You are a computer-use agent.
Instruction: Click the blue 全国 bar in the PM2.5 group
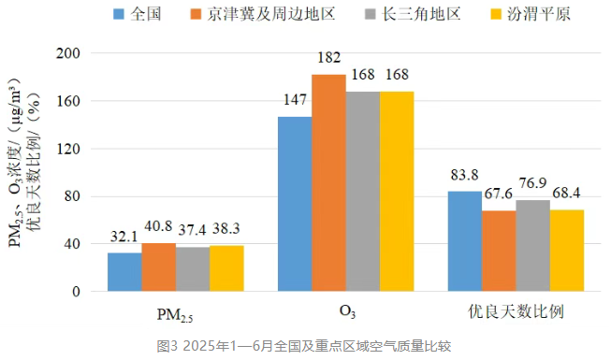(124, 272)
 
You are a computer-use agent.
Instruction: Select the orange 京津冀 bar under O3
(328, 182)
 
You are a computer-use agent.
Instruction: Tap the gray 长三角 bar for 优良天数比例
(533, 246)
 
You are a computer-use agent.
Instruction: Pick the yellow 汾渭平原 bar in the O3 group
(397, 192)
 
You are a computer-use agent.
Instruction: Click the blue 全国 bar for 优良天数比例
(465, 241)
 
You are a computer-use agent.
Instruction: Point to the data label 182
(329, 58)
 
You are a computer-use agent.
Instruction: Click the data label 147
(295, 100)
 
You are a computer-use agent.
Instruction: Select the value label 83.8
(464, 175)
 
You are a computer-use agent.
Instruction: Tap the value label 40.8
(158, 226)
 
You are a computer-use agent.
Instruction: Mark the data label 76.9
(532, 183)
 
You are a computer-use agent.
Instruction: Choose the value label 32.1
(124, 236)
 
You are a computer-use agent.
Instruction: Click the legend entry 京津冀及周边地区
(263, 14)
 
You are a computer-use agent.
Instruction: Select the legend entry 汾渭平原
(530, 14)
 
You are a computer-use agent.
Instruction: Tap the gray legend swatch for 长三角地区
(371, 14)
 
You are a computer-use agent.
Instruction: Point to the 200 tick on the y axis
(68, 53)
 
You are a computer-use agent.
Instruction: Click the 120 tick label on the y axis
(68, 149)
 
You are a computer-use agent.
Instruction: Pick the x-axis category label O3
(347, 311)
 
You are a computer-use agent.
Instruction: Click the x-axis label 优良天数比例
(516, 311)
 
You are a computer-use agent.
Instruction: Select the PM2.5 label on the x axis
(175, 315)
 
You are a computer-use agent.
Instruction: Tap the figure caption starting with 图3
(304, 346)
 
